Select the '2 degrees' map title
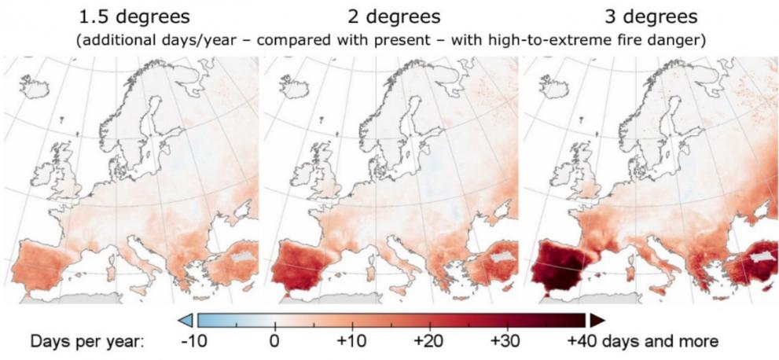[394, 15]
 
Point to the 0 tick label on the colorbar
[274, 342]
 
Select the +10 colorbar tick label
[351, 342]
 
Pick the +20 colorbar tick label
[430, 342]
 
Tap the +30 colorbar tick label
[508, 342]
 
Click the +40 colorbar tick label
[586, 342]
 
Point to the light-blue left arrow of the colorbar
[186, 319]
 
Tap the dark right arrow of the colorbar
[597, 319]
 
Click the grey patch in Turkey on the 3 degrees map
[760, 256]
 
